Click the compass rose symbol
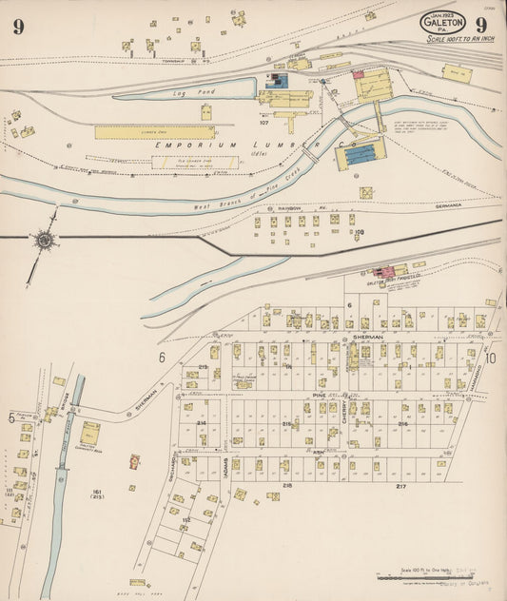(44, 241)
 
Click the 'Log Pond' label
(201, 92)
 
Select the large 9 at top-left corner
(19, 26)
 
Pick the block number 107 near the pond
(264, 123)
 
